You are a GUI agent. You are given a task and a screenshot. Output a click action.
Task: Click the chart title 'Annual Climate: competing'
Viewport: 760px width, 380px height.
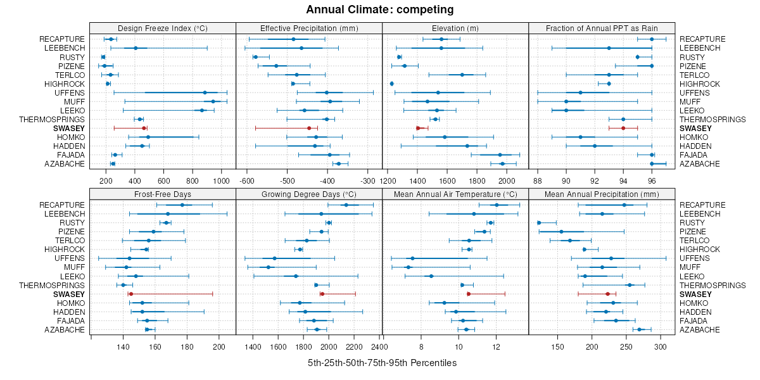click(x=380, y=9)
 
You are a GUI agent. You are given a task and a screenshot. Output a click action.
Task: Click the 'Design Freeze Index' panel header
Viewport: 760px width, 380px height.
click(x=163, y=28)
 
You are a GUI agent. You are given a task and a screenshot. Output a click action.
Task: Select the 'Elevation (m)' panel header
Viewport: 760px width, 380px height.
click(x=455, y=28)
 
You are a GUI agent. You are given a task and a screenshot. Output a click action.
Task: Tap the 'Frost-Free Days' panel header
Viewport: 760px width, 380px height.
click(x=163, y=194)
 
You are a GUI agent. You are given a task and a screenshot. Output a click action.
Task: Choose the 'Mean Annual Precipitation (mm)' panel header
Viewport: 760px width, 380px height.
click(x=602, y=194)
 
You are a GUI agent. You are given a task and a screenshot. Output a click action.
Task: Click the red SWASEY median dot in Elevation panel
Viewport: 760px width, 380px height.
click(x=418, y=128)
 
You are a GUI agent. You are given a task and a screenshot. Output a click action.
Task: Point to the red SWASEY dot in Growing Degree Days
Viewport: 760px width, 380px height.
click(x=322, y=294)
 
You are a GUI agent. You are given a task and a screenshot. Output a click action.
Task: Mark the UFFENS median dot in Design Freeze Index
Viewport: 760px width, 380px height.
click(x=205, y=92)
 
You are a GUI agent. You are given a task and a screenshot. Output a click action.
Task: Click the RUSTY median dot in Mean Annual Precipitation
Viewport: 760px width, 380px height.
click(x=539, y=223)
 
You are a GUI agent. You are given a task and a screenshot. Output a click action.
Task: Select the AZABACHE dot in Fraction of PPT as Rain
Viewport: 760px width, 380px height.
click(x=652, y=163)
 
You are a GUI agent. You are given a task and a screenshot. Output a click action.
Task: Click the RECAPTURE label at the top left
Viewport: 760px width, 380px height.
click(x=61, y=39)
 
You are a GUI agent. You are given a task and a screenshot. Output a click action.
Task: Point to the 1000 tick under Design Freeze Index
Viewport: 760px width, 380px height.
click(x=221, y=181)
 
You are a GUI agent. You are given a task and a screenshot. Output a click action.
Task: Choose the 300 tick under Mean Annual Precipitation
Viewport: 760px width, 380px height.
click(x=660, y=347)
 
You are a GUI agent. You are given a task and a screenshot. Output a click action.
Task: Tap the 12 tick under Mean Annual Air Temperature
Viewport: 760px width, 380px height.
click(x=496, y=347)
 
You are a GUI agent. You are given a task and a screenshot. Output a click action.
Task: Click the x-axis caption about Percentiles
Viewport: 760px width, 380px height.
click(x=382, y=364)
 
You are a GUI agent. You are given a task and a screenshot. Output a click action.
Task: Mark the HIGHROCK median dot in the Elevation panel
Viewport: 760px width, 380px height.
click(x=392, y=84)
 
